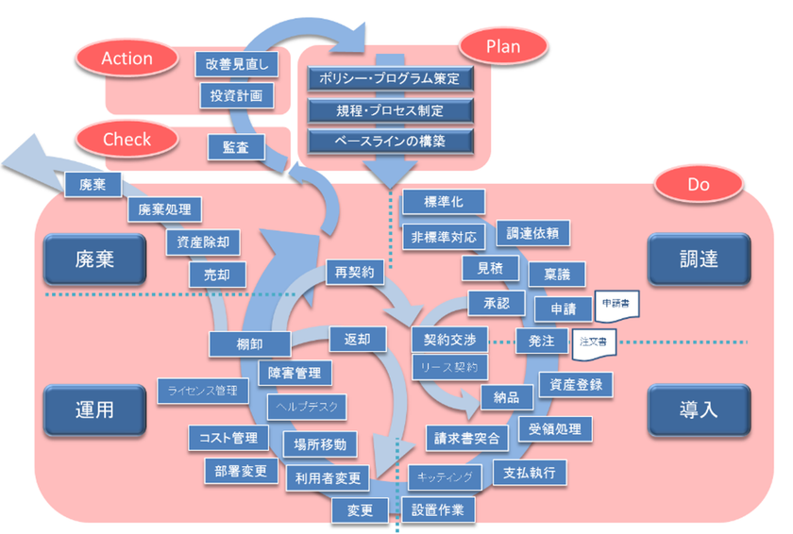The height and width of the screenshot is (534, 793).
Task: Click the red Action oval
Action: tap(127, 58)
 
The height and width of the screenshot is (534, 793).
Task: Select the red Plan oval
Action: tap(502, 45)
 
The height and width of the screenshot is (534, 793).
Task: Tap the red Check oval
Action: tap(127, 140)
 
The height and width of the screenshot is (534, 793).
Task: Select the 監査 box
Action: tap(236, 147)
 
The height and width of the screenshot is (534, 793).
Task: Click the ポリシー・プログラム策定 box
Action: tap(390, 78)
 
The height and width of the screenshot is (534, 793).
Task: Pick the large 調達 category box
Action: tap(698, 258)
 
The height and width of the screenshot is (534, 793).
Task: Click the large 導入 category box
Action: tap(698, 411)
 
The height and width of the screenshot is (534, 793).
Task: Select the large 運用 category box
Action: tap(93, 411)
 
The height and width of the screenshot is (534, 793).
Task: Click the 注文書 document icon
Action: tap(592, 342)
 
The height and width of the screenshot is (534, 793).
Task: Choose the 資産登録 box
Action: tap(576, 384)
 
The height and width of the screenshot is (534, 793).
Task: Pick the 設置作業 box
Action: tap(439, 509)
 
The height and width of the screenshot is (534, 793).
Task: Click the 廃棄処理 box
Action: tap(164, 210)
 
